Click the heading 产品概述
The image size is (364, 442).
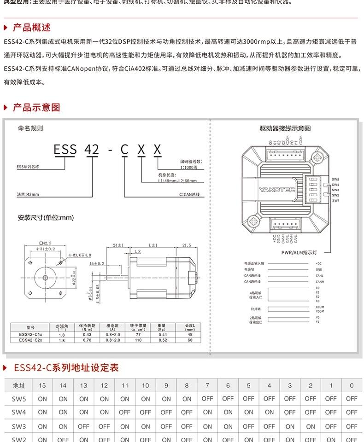coord(32,28)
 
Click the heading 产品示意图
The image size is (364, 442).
coord(36,108)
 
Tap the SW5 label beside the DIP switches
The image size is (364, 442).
coord(335,180)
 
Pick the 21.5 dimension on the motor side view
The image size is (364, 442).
coord(187,245)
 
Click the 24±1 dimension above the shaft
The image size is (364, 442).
coord(118,245)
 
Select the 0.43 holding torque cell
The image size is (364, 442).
coord(87,334)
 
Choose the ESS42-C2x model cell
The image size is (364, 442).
coord(30,340)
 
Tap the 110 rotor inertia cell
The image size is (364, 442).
coord(138,340)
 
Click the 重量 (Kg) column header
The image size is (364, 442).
coord(162,327)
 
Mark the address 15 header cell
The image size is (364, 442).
coord(42,385)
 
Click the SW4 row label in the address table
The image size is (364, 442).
coord(19,412)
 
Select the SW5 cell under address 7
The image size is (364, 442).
coord(207,399)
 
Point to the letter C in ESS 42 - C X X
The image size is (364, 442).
coord(124,150)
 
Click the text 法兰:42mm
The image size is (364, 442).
coord(28,195)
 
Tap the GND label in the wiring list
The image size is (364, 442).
coord(319,269)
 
